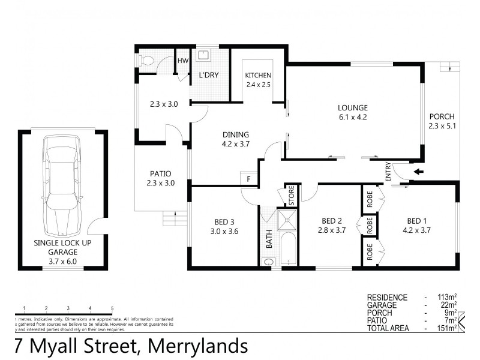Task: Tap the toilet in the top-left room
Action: tap(146, 61)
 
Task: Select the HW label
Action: tap(182, 61)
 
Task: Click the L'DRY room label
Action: tap(208, 76)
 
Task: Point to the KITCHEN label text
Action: tap(258, 76)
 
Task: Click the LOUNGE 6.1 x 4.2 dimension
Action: tap(352, 118)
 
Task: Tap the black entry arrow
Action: tap(418, 172)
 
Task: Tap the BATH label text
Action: tap(269, 238)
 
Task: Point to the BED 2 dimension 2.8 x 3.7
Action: tap(331, 230)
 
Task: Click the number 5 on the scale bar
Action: tap(112, 308)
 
